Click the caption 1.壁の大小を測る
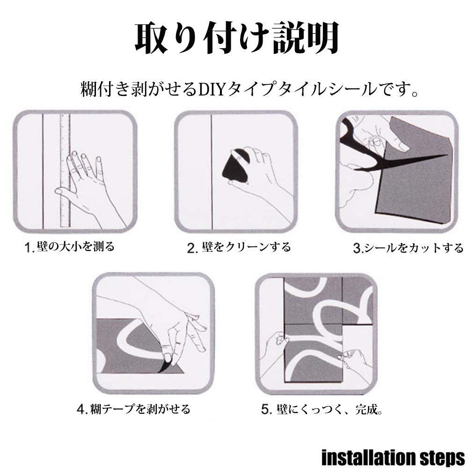point(70,246)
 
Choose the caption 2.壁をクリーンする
point(239,247)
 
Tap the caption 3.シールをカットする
point(408,248)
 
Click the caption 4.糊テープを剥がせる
point(134,410)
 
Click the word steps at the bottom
point(440,457)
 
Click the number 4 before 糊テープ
point(80,410)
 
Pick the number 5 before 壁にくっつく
point(265,410)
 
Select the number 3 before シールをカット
point(357,248)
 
